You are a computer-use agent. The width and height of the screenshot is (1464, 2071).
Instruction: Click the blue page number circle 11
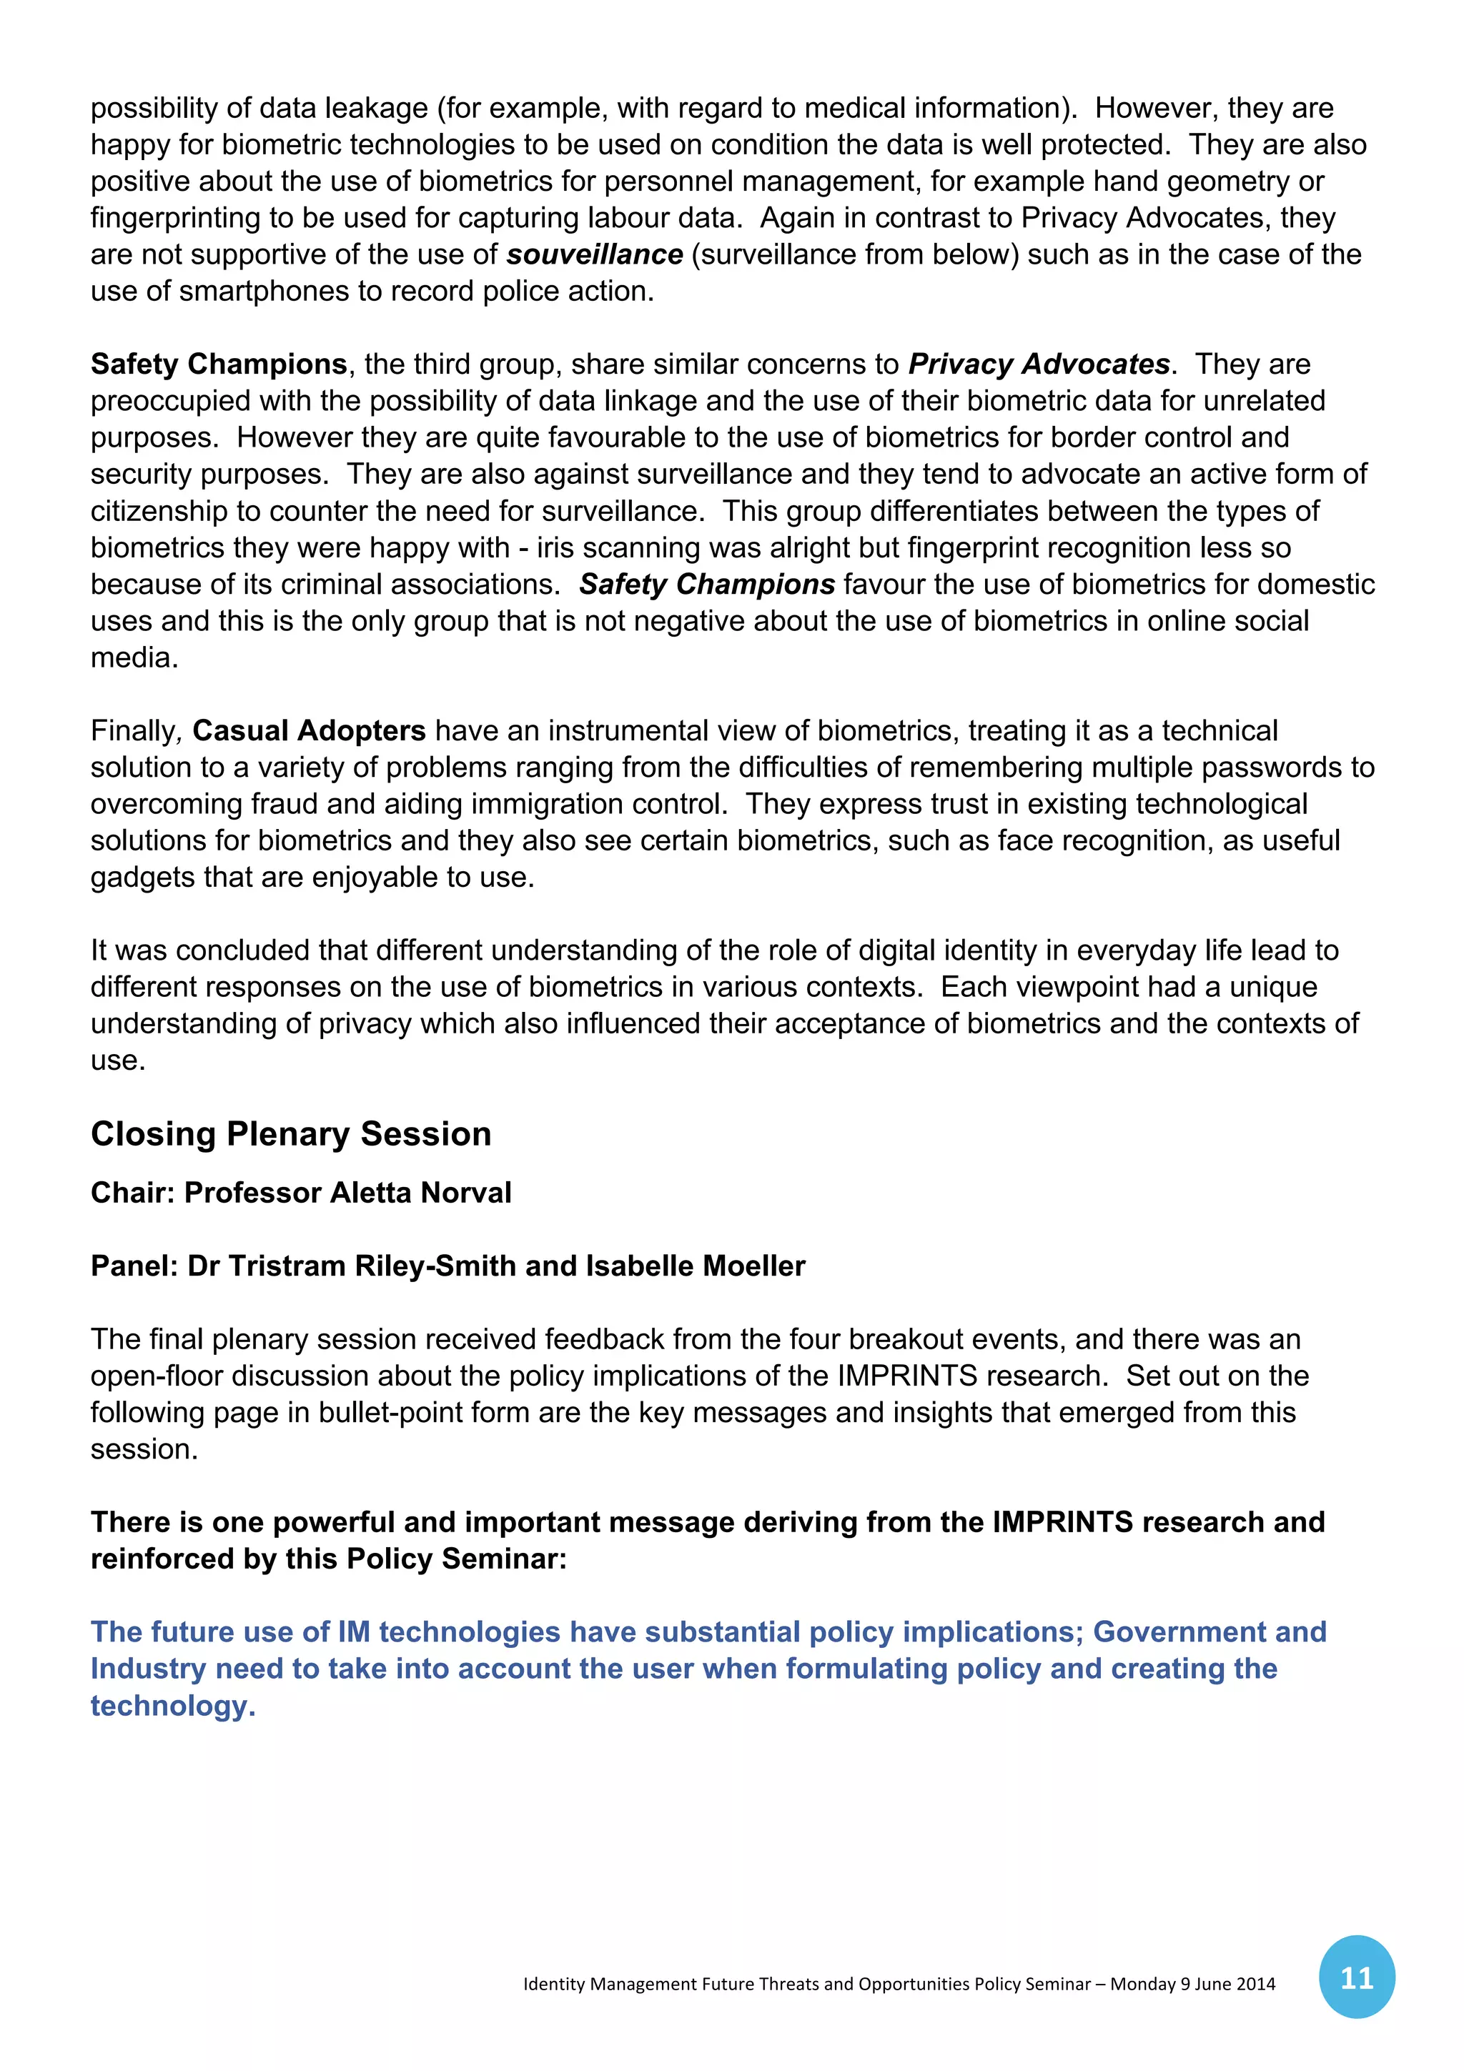[x=1356, y=1977]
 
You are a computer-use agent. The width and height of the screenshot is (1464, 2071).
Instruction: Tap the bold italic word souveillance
[x=595, y=255]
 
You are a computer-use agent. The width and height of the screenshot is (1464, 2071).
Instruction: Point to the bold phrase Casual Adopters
[x=309, y=730]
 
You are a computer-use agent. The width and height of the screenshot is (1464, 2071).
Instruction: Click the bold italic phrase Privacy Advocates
[x=1038, y=364]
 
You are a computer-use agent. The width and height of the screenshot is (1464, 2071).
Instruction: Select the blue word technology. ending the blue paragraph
[x=172, y=1706]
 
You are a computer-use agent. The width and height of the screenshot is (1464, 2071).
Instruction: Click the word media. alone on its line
[x=134, y=657]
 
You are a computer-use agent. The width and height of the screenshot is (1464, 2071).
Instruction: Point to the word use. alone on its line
[x=117, y=1061]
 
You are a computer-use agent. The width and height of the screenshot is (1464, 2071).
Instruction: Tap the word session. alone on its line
[x=144, y=1449]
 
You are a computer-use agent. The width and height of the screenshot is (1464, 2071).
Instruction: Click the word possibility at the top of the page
[x=154, y=108]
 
